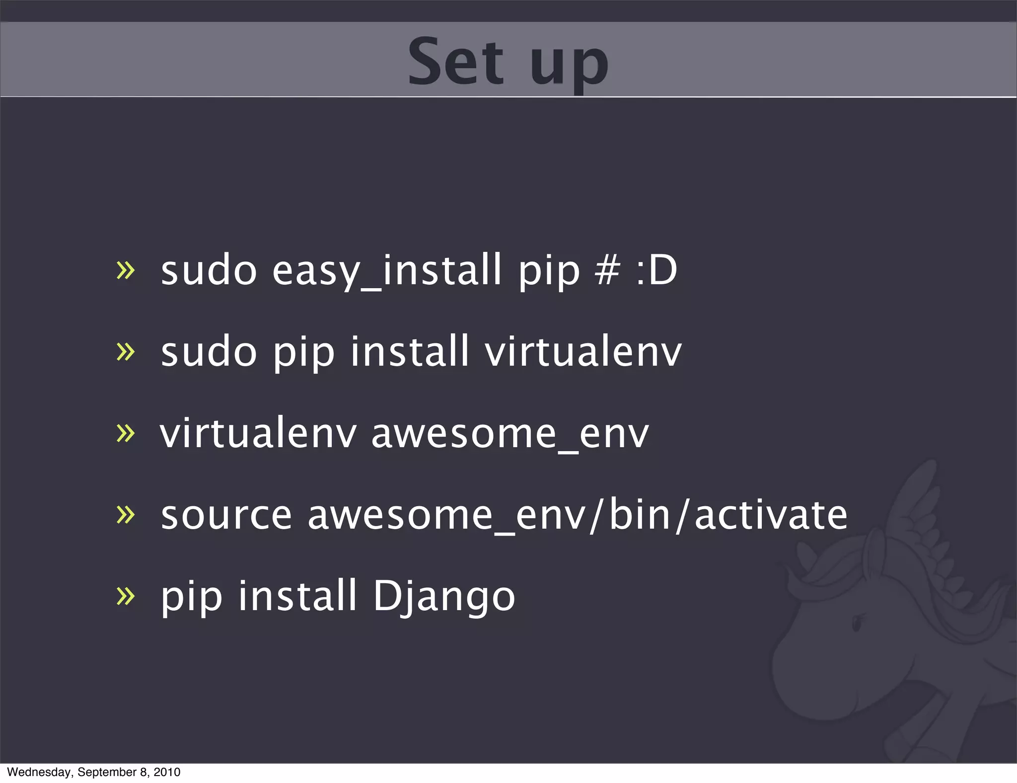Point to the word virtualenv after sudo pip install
[583, 352]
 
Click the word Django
[444, 596]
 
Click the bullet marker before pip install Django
[125, 596]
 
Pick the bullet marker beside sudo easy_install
[125, 271]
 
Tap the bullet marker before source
[125, 515]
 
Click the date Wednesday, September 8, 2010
[94, 772]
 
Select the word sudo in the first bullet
[209, 271]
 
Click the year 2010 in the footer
[167, 772]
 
